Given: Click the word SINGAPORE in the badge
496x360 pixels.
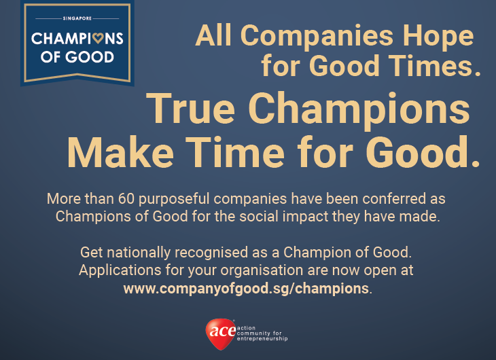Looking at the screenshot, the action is [x=77, y=18].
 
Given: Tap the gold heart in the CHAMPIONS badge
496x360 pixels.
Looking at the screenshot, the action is [x=98, y=39].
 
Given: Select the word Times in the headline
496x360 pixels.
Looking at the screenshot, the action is [x=430, y=65].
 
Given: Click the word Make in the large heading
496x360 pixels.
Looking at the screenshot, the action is [x=120, y=152].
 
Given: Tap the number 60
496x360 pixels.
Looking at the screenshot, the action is [x=126, y=199].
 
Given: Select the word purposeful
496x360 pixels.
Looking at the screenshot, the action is [x=174, y=200].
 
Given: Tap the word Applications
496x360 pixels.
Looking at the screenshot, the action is [x=120, y=271].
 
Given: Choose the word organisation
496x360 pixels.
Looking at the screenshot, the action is [x=262, y=271].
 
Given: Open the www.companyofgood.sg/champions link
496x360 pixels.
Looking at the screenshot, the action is [x=246, y=289].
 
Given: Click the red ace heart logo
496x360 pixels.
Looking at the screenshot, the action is [x=221, y=334].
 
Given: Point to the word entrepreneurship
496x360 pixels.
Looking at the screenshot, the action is [x=262, y=339].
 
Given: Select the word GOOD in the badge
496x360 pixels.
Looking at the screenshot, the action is [x=90, y=57].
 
